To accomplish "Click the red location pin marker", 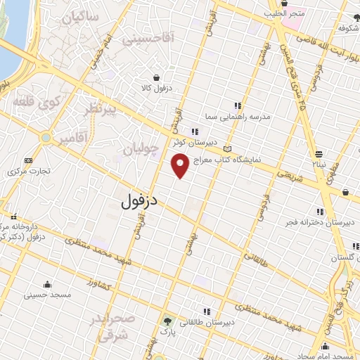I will point(180,166).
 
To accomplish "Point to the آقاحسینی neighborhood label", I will point(148,41).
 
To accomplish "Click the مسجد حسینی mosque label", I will point(47,295).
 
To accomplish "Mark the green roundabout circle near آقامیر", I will point(45,138).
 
